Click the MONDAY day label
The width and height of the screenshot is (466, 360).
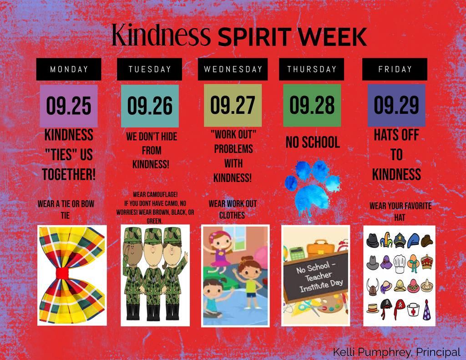pos(69,69)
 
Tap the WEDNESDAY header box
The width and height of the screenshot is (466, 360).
pos(233,69)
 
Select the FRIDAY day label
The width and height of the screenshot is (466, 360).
pos(395,69)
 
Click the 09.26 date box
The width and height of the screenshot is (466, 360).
pos(150,106)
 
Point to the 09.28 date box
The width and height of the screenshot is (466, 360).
pos(312,105)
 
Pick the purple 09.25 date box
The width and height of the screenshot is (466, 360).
pos(69,106)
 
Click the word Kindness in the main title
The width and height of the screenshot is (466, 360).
pos(161,35)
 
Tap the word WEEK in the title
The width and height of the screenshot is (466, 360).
pos(332,37)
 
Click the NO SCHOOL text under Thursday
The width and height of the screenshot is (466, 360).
pos(313,142)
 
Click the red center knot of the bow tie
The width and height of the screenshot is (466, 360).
pos(62,273)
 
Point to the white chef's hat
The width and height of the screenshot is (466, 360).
pos(400,264)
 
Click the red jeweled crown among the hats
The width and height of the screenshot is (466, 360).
pos(427,262)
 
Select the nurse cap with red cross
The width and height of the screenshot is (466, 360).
pos(413,309)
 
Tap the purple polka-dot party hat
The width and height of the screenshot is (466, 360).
pos(427,310)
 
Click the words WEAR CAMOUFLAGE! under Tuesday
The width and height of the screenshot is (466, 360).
pos(155,195)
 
